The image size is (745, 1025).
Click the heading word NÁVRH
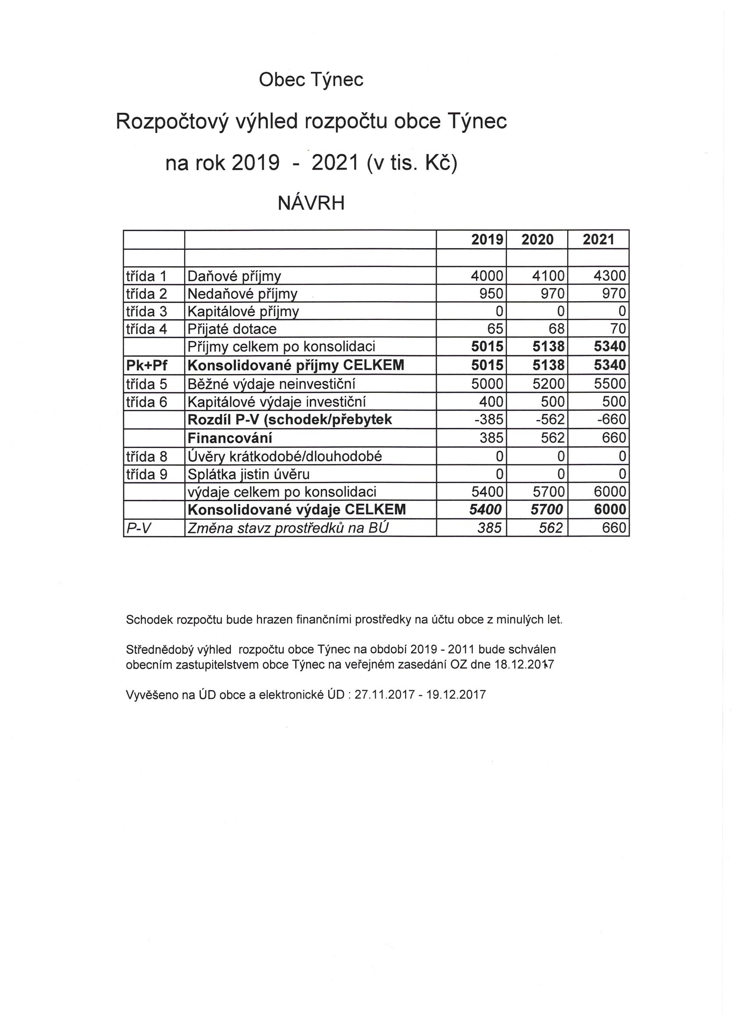[x=311, y=203]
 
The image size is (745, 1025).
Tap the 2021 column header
[x=598, y=239]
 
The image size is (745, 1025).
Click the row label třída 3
[x=146, y=311]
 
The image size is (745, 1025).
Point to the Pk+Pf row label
[x=147, y=365]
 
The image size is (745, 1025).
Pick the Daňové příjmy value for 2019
[x=486, y=276]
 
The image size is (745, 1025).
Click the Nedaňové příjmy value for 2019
[x=491, y=294]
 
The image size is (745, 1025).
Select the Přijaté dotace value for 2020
[x=557, y=329]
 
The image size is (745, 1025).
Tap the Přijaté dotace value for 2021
[x=617, y=329]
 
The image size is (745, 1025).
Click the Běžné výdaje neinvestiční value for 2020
[x=548, y=384]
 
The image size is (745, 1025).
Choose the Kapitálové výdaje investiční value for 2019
[x=491, y=402]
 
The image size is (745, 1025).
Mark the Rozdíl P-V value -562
[x=550, y=420]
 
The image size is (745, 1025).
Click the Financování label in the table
[x=230, y=438]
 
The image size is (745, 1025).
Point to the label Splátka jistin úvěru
[x=248, y=474]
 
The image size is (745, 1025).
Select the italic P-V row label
[x=138, y=528]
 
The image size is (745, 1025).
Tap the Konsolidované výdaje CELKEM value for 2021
[x=610, y=510]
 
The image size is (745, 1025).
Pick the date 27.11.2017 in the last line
[x=384, y=694]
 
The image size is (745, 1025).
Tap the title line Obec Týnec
[x=311, y=80]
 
